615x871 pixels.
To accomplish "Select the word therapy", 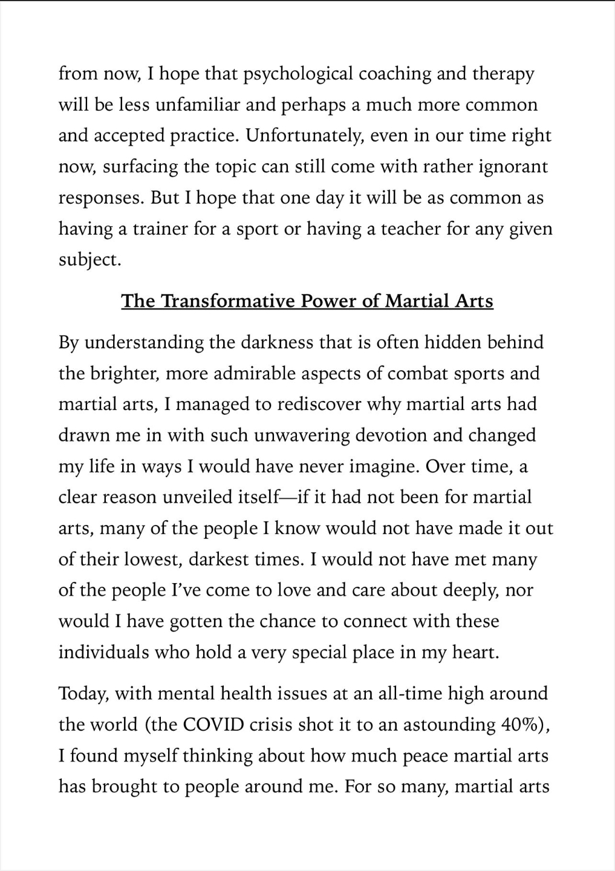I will point(504,74).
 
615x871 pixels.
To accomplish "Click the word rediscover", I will point(323,404).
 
